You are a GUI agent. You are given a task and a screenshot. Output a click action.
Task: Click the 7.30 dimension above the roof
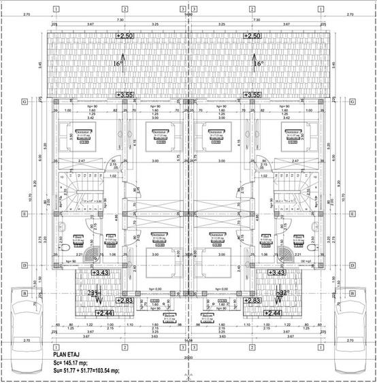pos(120,20)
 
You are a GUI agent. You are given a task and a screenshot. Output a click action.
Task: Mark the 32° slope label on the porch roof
pos(280,293)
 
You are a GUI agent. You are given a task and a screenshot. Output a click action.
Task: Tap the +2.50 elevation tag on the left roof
pos(125,35)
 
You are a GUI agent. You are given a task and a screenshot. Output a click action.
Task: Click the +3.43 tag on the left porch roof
pos(100,272)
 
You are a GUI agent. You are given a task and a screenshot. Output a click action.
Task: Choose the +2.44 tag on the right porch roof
pos(273,312)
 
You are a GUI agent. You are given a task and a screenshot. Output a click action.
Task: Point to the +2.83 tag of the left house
pos(125,300)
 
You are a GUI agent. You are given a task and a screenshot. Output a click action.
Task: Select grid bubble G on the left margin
pos(24,101)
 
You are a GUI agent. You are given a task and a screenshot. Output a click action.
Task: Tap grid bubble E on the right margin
pos(352,213)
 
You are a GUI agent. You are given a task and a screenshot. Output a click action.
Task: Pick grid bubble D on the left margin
pos(24,265)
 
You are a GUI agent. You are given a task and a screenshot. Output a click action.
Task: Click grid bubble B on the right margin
pos(352,294)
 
